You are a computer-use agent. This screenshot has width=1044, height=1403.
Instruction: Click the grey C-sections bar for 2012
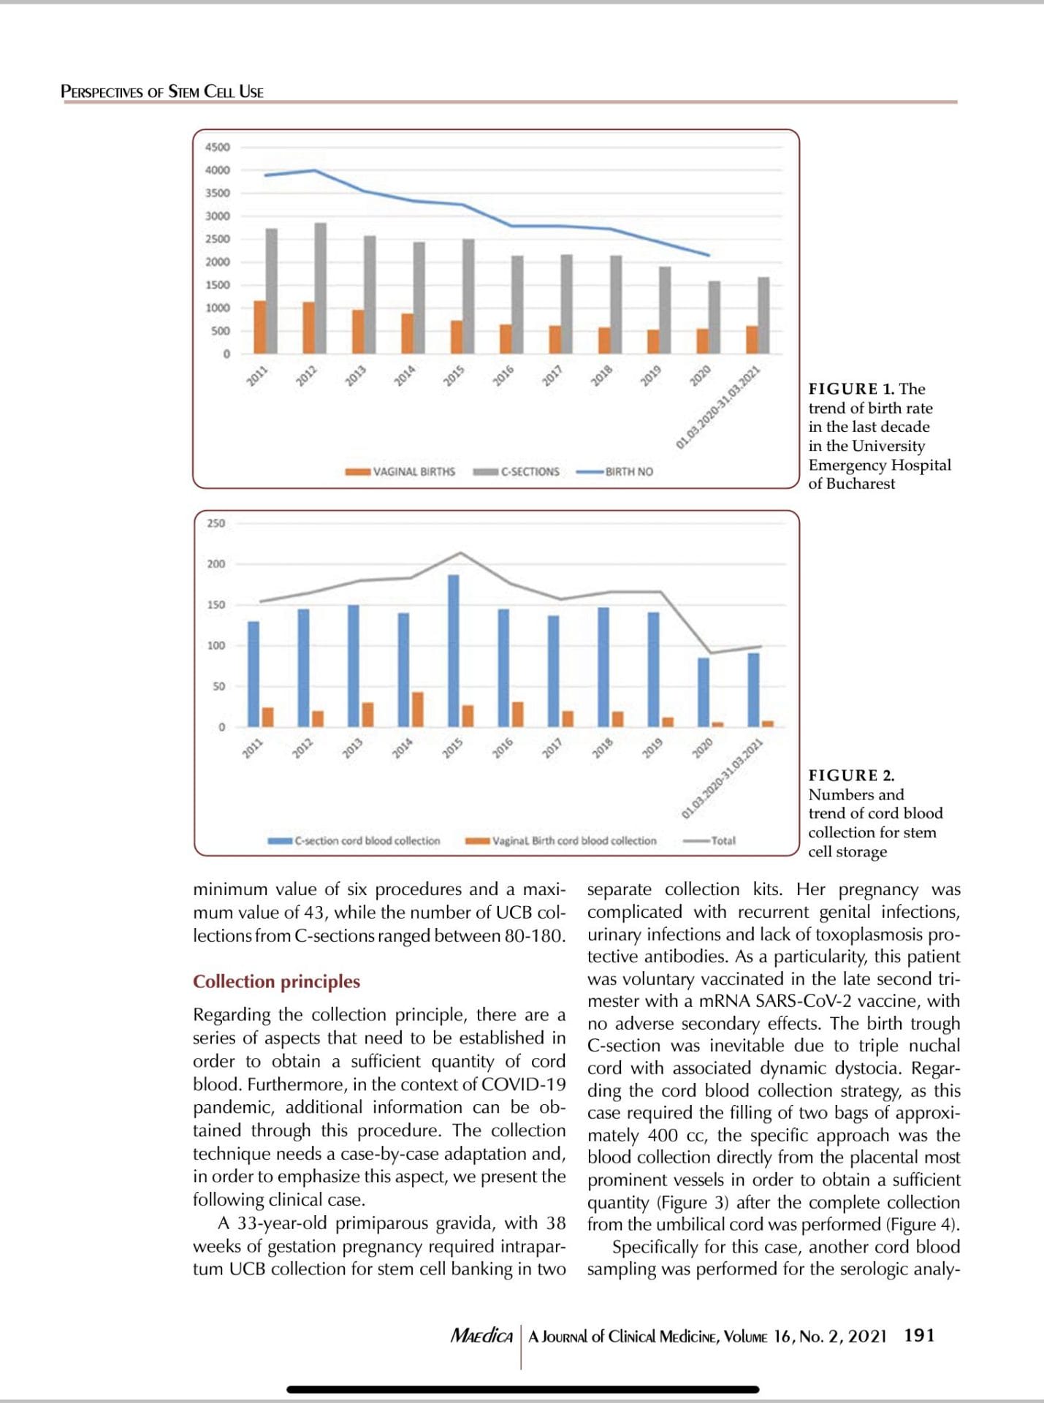[x=321, y=288]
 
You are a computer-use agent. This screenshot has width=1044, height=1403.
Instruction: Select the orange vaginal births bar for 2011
[x=259, y=327]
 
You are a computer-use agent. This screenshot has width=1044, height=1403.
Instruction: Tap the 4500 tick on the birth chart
[x=217, y=147]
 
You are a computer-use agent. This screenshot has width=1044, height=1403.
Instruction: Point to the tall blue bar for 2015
[x=454, y=650]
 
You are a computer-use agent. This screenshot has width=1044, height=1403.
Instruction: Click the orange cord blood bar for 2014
[x=418, y=709]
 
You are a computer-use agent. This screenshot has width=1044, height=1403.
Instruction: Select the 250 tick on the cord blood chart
[x=216, y=523]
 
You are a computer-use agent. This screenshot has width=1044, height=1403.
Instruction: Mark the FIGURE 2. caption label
[x=851, y=775]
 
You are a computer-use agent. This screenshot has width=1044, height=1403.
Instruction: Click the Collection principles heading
[x=276, y=981]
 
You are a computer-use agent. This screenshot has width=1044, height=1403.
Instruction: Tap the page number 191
[x=919, y=1335]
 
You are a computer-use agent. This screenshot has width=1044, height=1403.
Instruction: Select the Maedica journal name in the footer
[x=481, y=1336]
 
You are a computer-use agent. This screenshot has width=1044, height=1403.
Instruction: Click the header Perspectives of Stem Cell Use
[x=162, y=91]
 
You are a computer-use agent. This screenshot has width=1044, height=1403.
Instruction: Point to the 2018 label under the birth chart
[x=601, y=376]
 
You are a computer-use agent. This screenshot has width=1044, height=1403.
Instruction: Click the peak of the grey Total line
[x=460, y=552]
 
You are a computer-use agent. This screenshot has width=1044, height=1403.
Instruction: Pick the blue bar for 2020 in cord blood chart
[x=704, y=691]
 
